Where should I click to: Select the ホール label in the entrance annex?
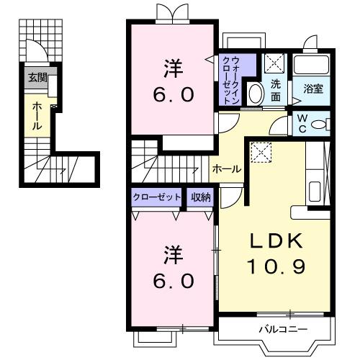37,115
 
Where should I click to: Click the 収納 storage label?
201,197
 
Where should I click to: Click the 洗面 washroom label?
276,89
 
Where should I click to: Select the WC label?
302,122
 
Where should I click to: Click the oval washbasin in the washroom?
255,94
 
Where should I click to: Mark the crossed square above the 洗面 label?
274,63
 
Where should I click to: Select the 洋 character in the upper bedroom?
172,68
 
